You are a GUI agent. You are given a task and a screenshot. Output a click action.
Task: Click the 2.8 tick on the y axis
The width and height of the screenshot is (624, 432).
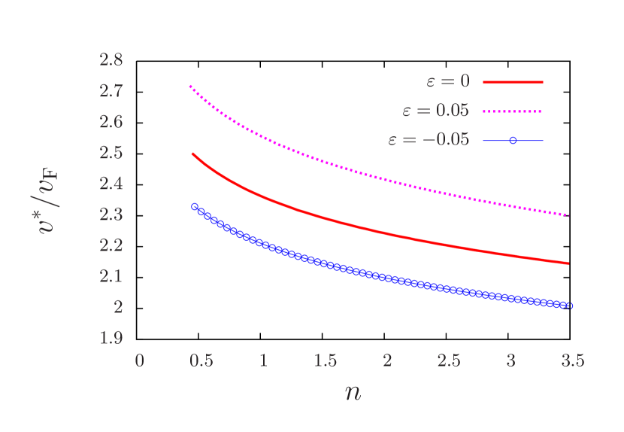111,60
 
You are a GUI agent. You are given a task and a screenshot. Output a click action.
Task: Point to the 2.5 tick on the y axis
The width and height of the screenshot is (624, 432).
111,153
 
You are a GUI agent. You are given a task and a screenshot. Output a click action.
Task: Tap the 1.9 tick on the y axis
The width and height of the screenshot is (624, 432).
111,338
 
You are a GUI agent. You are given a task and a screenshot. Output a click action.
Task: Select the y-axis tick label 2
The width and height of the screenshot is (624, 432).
118,307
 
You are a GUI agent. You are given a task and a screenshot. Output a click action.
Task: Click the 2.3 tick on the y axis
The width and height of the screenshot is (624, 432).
111,214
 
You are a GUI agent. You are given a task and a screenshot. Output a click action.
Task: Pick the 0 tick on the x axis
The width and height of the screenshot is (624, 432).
139,361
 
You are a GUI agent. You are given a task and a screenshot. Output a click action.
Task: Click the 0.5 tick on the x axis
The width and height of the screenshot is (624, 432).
201,361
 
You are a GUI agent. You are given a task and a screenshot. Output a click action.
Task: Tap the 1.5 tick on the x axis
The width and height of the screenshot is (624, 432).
325,361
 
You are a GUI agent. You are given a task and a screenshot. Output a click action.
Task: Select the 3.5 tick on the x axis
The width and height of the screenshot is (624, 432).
572,361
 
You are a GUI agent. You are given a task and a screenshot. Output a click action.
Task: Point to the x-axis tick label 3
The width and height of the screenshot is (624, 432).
510,361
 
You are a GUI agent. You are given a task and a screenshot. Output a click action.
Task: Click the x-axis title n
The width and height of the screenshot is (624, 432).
353,392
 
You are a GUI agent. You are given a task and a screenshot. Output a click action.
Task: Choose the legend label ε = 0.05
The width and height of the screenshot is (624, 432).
435,111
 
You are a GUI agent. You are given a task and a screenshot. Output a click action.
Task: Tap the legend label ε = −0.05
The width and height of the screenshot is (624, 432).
429,140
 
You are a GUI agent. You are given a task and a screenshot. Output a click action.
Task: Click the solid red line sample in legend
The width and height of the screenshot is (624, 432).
513,81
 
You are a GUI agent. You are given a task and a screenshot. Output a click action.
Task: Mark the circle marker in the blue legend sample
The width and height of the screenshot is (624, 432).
513,140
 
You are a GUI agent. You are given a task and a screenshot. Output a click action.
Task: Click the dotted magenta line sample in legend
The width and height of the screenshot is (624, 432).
513,111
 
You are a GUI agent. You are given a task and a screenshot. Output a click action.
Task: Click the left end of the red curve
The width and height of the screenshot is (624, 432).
192,154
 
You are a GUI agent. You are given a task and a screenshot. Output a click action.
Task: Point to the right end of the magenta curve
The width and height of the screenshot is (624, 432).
569,215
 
